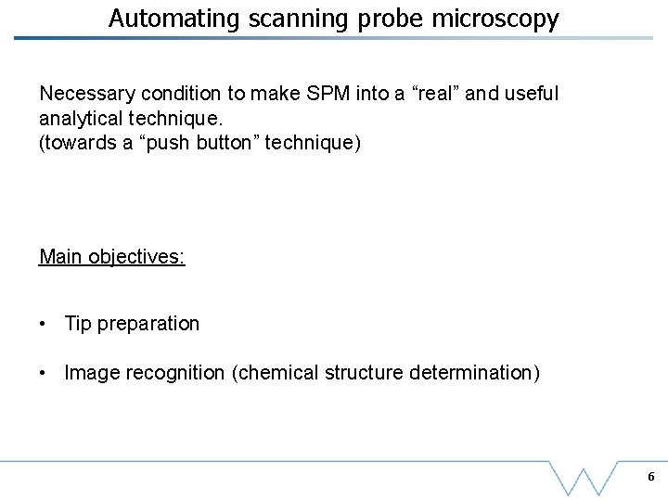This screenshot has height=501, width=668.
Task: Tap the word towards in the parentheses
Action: coord(78,143)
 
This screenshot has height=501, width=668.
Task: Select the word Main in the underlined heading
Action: coord(59,256)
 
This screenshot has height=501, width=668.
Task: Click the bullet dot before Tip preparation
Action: coord(44,324)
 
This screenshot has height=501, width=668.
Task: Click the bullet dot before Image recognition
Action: coord(44,373)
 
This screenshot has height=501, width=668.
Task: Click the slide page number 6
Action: coord(650,477)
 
